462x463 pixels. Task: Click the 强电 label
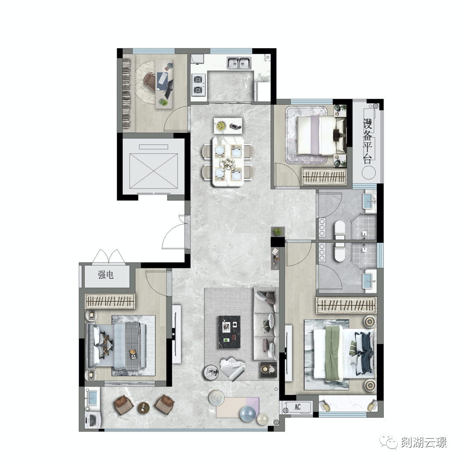click(x=106, y=275)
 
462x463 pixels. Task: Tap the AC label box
click(x=297, y=407)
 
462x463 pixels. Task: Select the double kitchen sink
click(x=239, y=63)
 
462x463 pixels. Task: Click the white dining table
click(x=228, y=161)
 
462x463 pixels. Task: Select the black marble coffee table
click(x=229, y=332)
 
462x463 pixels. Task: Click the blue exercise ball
click(x=247, y=415)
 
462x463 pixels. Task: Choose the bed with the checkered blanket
click(x=117, y=346)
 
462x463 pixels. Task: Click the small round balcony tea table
click(x=144, y=408)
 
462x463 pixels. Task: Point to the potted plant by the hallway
click(x=277, y=232)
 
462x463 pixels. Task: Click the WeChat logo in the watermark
click(x=389, y=442)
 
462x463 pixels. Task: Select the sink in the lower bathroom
click(x=369, y=281)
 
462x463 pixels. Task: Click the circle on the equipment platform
click(x=368, y=172)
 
